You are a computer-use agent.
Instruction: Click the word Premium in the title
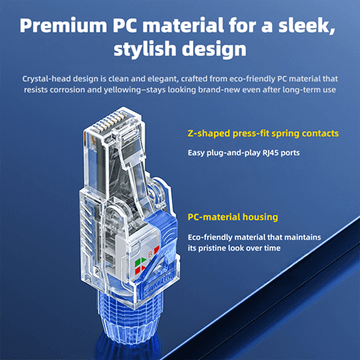(63, 25)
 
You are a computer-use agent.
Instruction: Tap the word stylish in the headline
(145, 49)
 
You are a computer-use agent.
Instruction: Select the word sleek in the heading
(305, 25)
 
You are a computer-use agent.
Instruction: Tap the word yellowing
(125, 90)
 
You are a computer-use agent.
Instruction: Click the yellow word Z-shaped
(209, 134)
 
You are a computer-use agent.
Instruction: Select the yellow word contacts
(320, 133)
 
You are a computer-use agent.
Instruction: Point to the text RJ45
(271, 153)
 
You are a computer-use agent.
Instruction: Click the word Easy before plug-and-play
(196, 153)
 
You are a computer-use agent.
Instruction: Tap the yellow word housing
(260, 217)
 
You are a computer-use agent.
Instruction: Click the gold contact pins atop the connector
(113, 121)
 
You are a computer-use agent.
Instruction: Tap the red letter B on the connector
(150, 253)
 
